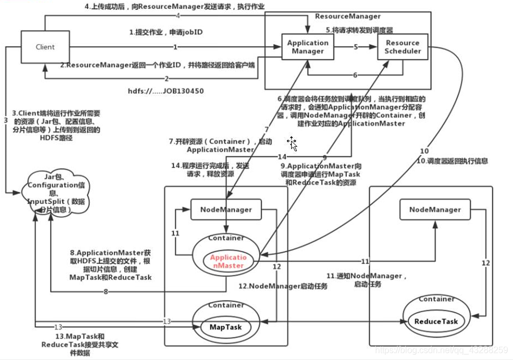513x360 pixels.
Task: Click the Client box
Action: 45,47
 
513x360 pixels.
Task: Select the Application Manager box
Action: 308,47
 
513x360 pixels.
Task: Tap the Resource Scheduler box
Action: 403,47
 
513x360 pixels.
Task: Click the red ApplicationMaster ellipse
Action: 228,261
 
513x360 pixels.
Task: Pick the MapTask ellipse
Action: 225,327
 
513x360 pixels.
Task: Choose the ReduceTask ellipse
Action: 436,321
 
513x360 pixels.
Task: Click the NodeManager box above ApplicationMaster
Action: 226,209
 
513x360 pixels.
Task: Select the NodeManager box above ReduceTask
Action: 434,209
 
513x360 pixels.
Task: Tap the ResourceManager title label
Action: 348,16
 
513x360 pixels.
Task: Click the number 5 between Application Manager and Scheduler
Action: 355,47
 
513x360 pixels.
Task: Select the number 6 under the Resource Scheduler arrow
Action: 355,75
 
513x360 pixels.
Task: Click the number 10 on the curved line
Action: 424,151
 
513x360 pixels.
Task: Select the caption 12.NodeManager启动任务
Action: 283,286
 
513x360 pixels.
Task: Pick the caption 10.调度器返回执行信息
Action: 452,161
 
